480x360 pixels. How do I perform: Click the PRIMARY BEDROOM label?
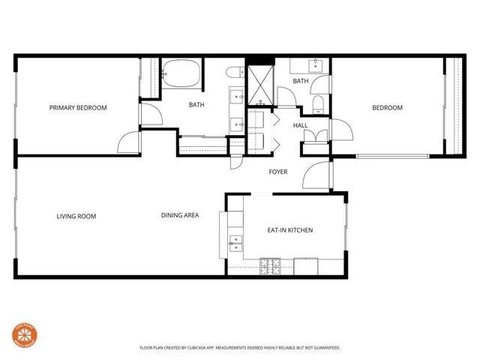78,108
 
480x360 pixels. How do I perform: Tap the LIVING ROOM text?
76,217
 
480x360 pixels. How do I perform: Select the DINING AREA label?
180,216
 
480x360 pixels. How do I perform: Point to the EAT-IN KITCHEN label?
290,230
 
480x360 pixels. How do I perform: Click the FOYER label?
278,172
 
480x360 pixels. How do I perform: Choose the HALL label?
300,126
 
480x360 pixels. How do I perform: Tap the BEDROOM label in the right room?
387,108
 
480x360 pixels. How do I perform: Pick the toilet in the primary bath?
234,72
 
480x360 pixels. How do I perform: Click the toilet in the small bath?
319,102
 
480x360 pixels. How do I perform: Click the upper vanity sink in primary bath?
237,96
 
